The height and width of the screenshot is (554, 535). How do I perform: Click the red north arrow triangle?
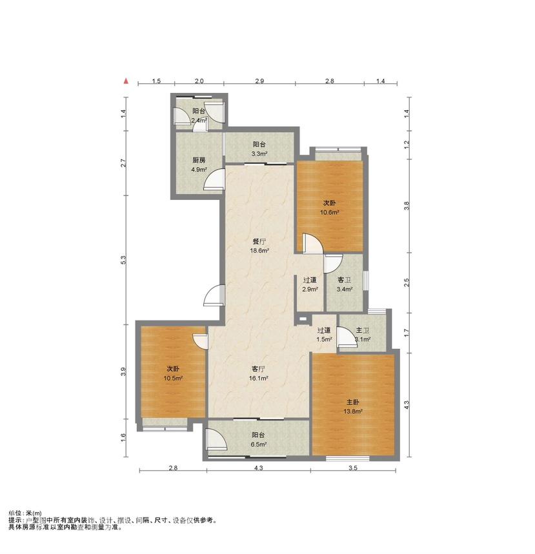pos(126,81)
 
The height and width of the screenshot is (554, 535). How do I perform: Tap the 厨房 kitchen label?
pos(199,160)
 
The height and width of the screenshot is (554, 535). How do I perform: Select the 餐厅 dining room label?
pos(259,242)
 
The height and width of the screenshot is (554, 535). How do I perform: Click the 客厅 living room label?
pos(259,369)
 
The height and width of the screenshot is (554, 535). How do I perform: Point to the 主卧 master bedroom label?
pos(353,402)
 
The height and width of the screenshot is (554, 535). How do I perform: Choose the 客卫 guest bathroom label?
pos(345,280)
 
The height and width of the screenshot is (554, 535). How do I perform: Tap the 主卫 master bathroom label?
pos(363,330)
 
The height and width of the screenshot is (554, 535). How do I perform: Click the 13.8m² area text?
pos(353,411)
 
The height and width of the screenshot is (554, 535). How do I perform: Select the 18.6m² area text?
pos(259,251)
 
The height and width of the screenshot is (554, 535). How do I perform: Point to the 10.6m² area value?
pos(330,212)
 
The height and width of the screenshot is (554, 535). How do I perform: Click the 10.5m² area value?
pos(173,378)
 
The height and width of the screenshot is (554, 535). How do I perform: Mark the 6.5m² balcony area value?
pos(259,444)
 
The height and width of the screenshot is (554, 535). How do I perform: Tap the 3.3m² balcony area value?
pos(259,153)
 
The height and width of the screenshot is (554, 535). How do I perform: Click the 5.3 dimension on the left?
pos(123,260)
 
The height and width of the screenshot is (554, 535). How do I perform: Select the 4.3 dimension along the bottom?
pos(259,468)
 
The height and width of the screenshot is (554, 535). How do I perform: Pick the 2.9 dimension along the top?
pos(259,81)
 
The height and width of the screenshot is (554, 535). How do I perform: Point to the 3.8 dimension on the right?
pos(407,206)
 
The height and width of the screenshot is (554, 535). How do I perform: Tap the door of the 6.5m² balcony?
pos(216,439)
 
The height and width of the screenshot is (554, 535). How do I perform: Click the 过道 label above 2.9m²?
pos(310,280)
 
